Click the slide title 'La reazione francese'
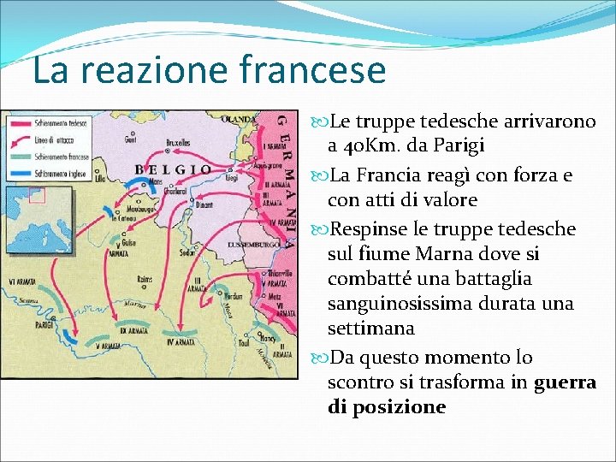coord(209,69)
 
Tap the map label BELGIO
coord(173,169)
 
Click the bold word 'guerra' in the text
coord(565,382)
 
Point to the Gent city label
coord(130,138)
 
